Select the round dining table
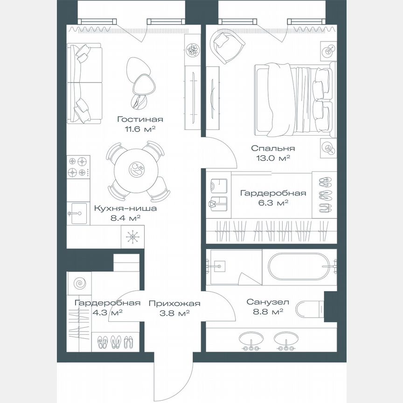tap(136, 170)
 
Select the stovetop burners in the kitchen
tap(78, 167)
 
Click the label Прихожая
tap(174, 304)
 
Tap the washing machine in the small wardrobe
tap(79, 283)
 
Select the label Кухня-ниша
tap(125, 208)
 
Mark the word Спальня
tap(273, 148)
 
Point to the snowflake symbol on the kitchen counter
tap(132, 237)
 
